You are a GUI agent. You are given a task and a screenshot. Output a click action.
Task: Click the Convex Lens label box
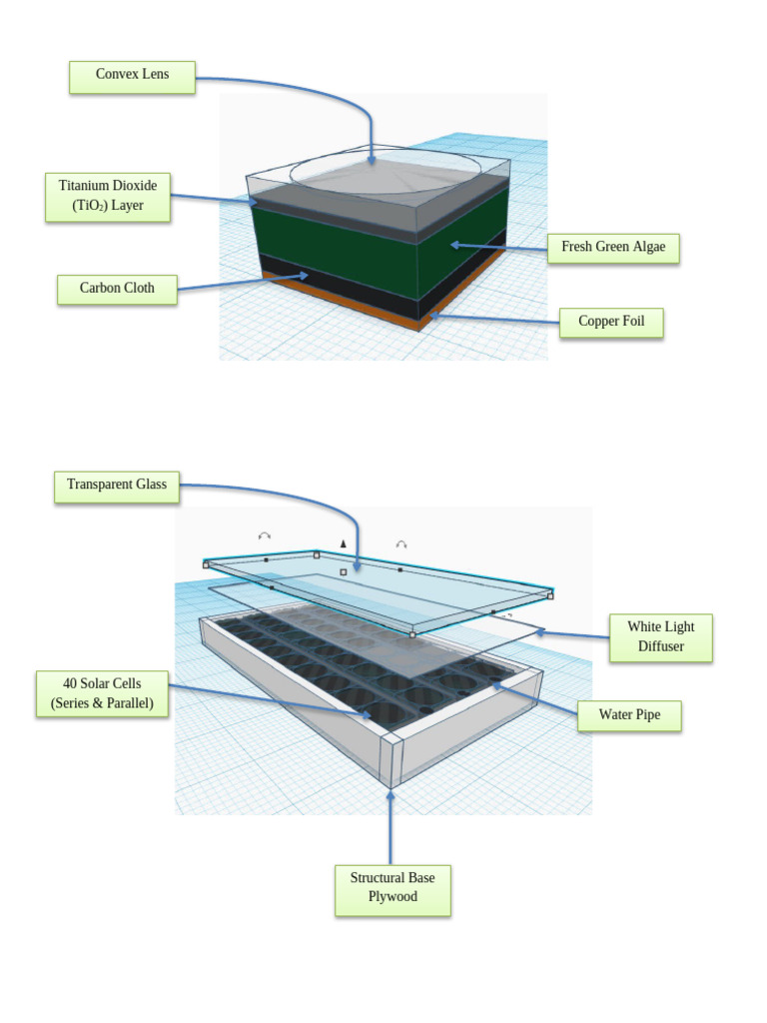(132, 77)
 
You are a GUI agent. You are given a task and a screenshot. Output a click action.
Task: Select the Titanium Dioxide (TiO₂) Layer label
(108, 197)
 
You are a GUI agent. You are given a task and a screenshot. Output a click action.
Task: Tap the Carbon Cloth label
(118, 289)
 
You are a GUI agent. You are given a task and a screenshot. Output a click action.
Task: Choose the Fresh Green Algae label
(613, 247)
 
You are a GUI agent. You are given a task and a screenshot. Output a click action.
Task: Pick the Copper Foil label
(611, 323)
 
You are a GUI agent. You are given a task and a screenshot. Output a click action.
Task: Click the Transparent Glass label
(116, 486)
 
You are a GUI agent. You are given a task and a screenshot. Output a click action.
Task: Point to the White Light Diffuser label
(660, 637)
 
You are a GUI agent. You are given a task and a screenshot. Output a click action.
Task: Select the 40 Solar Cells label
(102, 694)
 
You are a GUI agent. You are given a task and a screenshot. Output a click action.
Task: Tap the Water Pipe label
(629, 715)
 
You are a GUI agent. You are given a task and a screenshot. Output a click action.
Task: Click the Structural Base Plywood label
(392, 888)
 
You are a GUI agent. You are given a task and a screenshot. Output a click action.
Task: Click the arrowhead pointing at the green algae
(455, 244)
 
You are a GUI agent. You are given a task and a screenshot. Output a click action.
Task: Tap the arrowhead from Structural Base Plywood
(390, 795)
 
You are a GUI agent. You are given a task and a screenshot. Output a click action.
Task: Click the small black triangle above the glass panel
(343, 543)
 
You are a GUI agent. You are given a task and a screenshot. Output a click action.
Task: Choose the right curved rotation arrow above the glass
(401, 544)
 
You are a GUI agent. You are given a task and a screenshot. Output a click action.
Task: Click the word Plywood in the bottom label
(392, 897)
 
